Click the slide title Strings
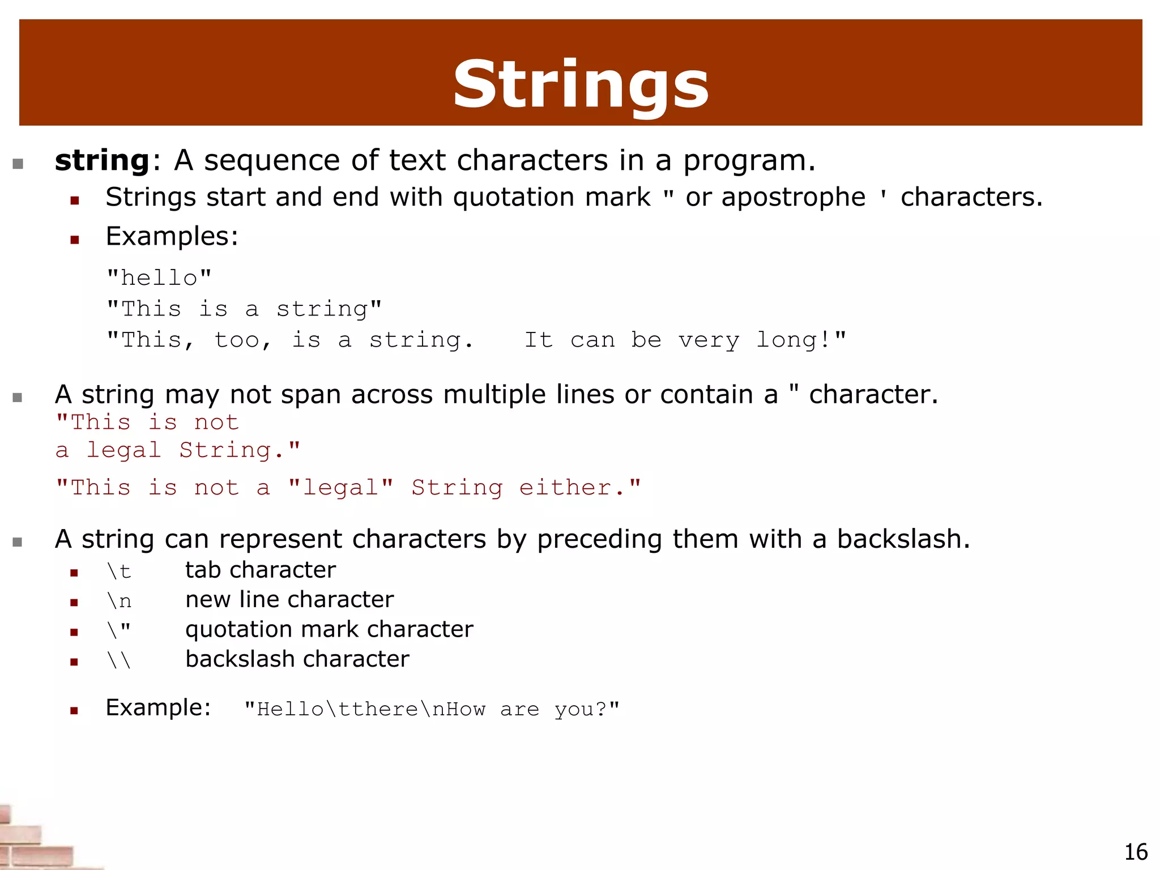click(581, 85)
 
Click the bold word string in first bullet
click(102, 160)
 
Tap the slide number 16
click(1135, 852)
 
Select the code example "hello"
click(159, 278)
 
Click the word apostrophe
click(794, 198)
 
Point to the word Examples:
click(172, 236)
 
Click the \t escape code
click(119, 571)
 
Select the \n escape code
click(119, 601)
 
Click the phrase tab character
click(261, 570)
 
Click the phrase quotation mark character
click(329, 629)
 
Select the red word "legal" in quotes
click(340, 488)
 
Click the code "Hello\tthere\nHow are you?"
click(432, 709)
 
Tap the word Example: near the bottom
click(158, 708)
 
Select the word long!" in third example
click(801, 340)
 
